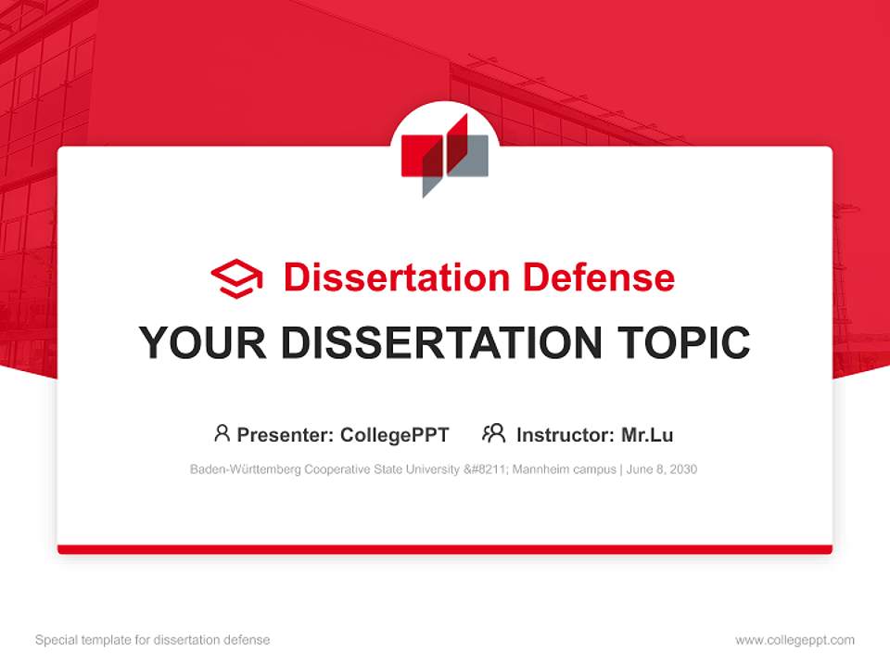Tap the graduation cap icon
click(237, 277)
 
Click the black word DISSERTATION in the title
click(439, 343)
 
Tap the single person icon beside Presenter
click(222, 433)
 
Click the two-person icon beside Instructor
click(494, 433)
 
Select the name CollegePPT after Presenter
click(395, 434)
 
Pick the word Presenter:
click(286, 434)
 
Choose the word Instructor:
click(564, 434)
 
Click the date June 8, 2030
click(663, 469)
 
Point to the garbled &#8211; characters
click(489, 469)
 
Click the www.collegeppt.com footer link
click(795, 640)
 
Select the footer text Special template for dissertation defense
click(153, 640)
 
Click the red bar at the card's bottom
click(445, 549)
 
